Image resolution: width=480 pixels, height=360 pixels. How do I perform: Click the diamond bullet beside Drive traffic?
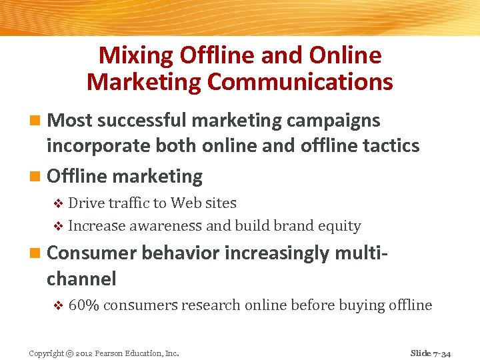pos(58,204)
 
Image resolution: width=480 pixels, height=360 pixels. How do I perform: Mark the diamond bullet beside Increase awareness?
pos(58,227)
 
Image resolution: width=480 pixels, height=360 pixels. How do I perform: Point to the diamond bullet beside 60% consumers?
pos(58,306)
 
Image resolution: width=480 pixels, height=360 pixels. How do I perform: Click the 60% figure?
pos(84,305)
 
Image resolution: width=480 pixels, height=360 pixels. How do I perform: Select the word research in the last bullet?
pos(211,305)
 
